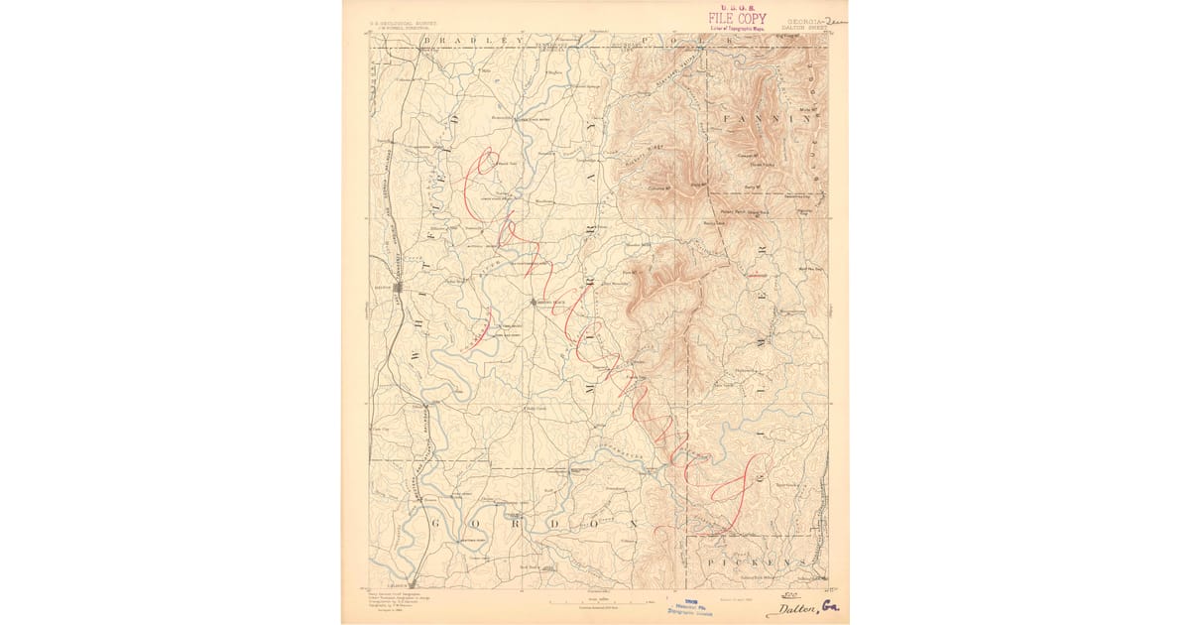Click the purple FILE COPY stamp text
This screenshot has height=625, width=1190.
pos(736,18)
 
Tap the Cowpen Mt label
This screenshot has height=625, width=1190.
pos(747,155)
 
